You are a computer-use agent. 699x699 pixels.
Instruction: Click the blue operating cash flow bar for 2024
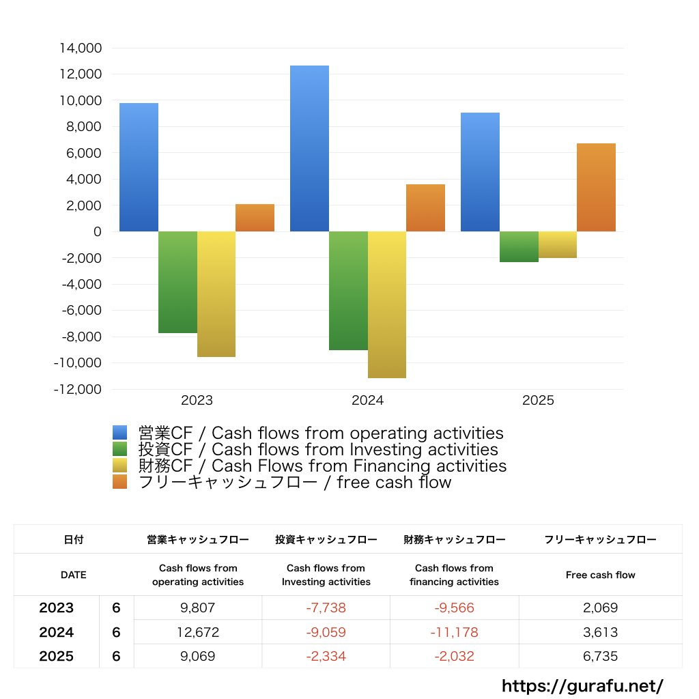(309, 149)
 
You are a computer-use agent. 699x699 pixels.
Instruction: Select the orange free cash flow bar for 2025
(596, 188)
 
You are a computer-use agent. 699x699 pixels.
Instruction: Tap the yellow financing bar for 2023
(216, 294)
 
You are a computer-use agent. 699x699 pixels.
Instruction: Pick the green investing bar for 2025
(519, 246)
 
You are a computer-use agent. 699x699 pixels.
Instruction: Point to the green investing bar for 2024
(348, 291)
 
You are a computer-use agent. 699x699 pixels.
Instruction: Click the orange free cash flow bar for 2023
(255, 218)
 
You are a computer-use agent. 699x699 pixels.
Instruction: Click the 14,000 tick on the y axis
(81, 48)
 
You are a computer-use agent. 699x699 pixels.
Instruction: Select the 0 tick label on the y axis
(97, 232)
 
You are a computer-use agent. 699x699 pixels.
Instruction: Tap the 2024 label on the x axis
(368, 401)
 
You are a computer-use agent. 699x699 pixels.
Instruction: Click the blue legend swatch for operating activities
(120, 433)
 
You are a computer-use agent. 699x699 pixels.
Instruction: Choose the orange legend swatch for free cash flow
(120, 482)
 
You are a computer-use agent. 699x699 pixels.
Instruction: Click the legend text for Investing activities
(318, 450)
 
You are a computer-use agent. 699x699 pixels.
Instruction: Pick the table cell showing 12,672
(198, 632)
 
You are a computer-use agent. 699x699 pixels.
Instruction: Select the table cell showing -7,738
(326, 608)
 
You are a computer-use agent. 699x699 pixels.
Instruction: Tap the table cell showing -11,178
(454, 632)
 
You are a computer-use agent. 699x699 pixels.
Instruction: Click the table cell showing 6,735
(601, 657)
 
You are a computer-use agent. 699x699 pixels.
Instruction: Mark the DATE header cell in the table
(74, 575)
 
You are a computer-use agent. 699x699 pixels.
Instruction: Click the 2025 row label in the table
(57, 657)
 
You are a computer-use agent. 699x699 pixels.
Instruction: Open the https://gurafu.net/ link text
(582, 685)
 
